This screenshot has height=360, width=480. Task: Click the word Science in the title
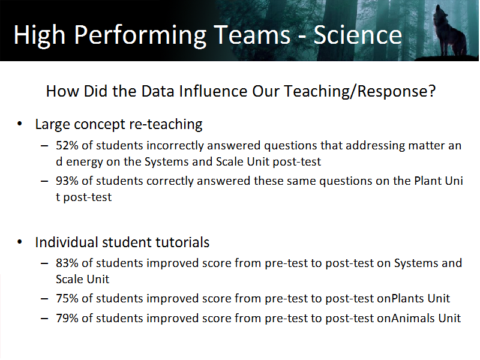[358, 35]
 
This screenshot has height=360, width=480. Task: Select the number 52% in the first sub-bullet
[67, 145]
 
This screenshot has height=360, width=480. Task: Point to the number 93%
[67, 181]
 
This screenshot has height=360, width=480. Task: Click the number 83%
[67, 263]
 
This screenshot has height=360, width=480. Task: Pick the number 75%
[67, 298]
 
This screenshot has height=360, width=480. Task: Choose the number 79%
[67, 319]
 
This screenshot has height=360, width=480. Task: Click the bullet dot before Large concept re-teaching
[20, 124]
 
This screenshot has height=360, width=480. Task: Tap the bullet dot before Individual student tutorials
[20, 242]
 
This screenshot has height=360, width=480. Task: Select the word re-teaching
[166, 125]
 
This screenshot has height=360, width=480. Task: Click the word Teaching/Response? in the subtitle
[359, 92]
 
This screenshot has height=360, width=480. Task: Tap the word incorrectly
[175, 146]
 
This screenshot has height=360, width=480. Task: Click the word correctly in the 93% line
[170, 182]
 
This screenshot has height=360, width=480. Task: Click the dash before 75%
[44, 299]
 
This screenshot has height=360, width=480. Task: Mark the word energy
[85, 162]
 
